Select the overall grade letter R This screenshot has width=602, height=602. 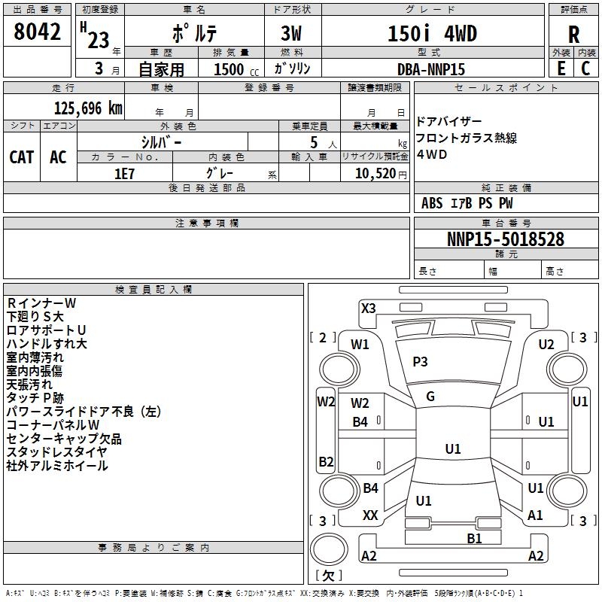tap(573, 35)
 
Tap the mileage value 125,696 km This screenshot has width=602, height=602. tap(88, 108)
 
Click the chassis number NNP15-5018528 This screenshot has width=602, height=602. tap(505, 239)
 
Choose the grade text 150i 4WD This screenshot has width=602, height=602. tap(432, 34)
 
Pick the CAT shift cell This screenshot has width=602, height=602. tap(21, 157)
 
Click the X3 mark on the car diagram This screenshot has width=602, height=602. tap(368, 308)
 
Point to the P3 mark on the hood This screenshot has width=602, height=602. tap(420, 361)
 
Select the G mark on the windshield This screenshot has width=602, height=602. tap(430, 397)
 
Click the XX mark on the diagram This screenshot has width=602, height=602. tap(370, 515)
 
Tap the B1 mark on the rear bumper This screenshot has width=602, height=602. tap(474, 538)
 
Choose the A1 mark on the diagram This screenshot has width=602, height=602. tap(535, 515)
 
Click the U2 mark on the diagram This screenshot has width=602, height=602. tap(546, 344)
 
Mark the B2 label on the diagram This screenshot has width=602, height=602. tap(326, 461)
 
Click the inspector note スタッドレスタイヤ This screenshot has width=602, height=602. tap(56, 451)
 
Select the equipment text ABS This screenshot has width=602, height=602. tap(432, 203)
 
